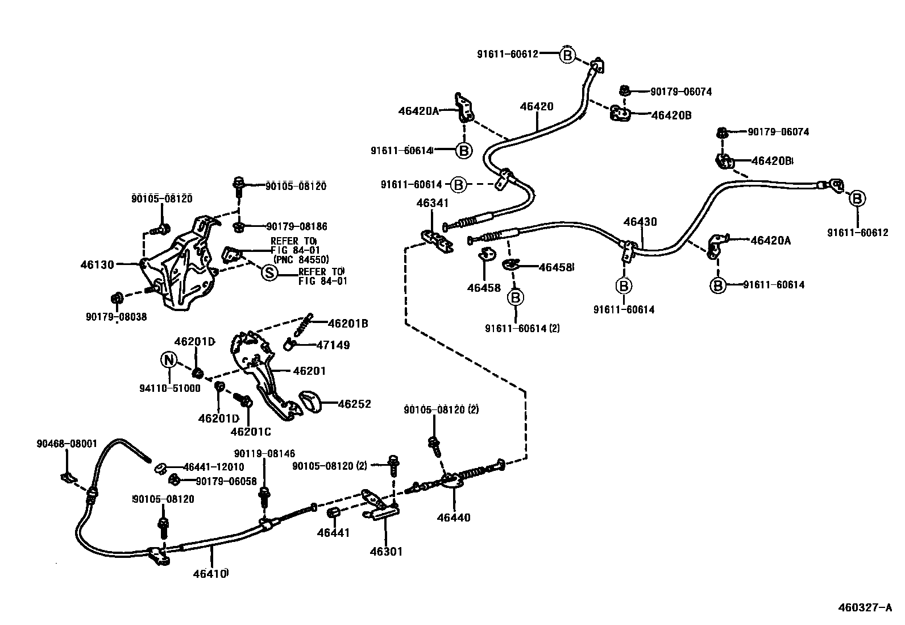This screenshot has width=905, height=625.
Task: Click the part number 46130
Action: [x=97, y=264]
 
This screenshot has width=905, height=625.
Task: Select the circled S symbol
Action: [x=269, y=274]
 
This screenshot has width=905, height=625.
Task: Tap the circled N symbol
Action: [x=169, y=360]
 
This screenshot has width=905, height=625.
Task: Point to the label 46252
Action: [x=354, y=404]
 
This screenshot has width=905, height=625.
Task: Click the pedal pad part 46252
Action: [x=310, y=402]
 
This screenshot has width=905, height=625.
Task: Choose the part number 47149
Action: [x=333, y=345]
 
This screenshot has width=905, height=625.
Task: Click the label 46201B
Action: [x=348, y=324]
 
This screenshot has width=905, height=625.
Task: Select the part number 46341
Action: [x=432, y=203]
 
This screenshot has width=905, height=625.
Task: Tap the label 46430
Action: [x=640, y=222]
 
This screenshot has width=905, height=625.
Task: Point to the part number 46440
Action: [x=454, y=518]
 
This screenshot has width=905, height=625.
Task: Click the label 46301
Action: [x=386, y=552]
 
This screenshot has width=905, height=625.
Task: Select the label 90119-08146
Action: [x=265, y=453]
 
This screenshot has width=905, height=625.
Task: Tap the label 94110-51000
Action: [x=170, y=388]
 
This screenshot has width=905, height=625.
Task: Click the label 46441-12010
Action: [x=214, y=467]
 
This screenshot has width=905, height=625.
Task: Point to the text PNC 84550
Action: [x=301, y=260]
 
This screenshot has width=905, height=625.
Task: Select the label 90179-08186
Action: [x=297, y=226]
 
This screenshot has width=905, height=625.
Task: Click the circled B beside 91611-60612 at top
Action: [x=567, y=55]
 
